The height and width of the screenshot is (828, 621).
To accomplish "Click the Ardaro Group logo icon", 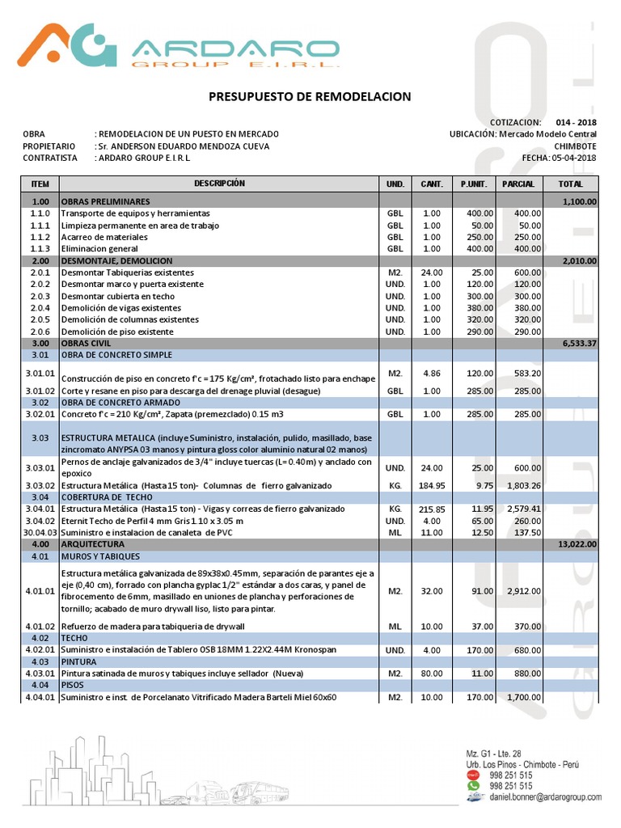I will (x=70, y=44).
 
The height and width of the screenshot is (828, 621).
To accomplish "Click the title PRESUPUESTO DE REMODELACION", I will (x=310, y=97).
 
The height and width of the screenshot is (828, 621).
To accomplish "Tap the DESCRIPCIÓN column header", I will (x=218, y=184).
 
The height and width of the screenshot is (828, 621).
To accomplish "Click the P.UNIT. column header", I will (x=473, y=184).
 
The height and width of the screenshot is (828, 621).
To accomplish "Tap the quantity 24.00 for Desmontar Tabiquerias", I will (x=432, y=272).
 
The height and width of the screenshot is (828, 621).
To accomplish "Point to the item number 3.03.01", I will (x=39, y=468).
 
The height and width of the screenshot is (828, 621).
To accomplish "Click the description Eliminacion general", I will (x=99, y=249).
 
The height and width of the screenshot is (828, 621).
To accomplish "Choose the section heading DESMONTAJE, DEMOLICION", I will (x=116, y=261).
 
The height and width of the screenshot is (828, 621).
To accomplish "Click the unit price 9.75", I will (x=482, y=485).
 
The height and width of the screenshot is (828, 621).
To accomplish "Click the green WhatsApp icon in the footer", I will (x=474, y=785).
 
